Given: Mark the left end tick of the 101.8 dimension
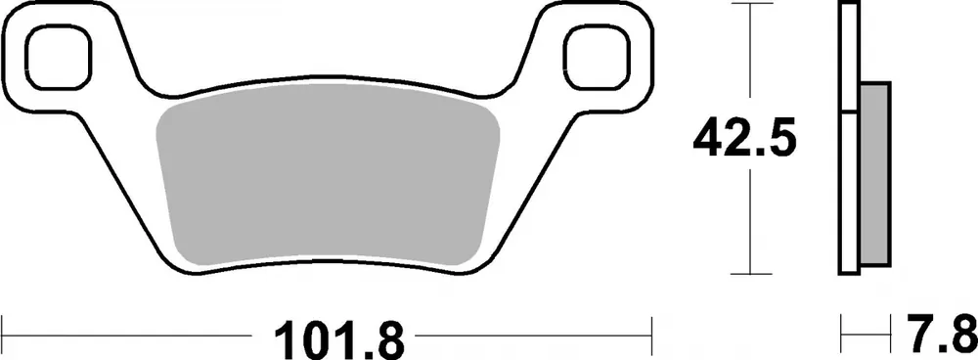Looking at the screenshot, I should pos(3,334).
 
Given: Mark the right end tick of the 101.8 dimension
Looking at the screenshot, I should pos(650,334).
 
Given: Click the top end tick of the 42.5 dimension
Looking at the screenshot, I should pos(748,5).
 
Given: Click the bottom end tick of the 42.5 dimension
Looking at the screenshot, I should pos(748,274).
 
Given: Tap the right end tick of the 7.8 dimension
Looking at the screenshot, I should pos(891,334).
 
